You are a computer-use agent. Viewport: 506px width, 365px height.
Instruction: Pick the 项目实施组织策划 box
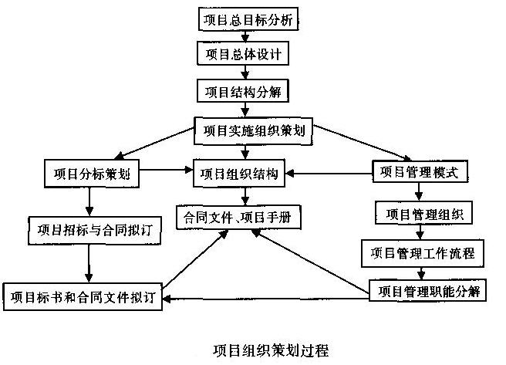[253, 130]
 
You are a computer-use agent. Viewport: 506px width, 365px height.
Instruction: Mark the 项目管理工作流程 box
[423, 252]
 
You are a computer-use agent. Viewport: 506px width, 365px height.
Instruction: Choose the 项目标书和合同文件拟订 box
[84, 296]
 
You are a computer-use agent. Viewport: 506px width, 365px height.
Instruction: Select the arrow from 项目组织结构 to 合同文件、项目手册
[244, 194]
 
